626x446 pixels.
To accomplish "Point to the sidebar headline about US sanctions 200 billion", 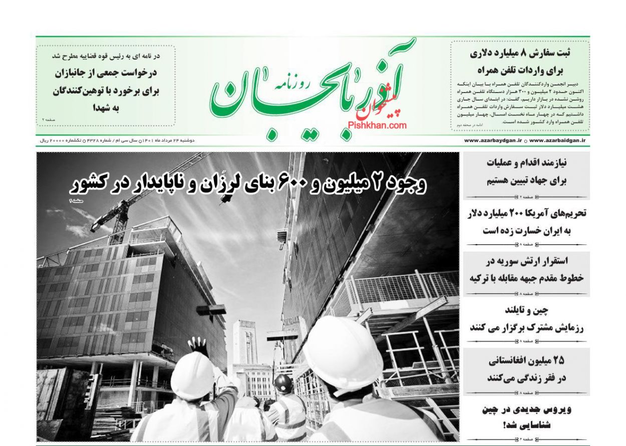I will point(526,221).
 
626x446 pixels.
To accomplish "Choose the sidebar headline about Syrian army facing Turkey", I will point(526,270).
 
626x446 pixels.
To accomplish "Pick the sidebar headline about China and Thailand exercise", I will point(526,319).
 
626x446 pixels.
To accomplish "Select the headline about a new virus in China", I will point(526,416).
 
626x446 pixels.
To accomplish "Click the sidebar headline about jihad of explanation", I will point(526,172).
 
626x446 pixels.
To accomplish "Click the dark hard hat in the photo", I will point(283,383).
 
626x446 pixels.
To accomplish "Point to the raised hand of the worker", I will point(199,344).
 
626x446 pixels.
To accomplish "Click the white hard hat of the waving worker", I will point(192,375).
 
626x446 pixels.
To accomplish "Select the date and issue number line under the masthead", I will point(118,141).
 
